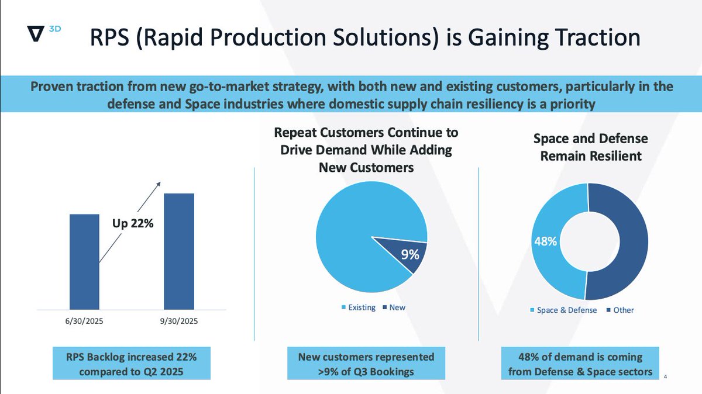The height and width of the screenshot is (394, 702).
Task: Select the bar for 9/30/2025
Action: [178, 251]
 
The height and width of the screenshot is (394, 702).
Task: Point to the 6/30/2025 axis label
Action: [84, 321]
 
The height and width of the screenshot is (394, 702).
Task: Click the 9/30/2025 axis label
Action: [178, 321]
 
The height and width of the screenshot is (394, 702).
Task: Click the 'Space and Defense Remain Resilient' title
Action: [590, 147]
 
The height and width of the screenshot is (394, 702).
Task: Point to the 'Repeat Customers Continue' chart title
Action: [366, 150]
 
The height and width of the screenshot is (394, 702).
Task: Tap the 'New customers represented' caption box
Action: [366, 364]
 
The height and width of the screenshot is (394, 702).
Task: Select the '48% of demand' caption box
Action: [580, 364]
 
